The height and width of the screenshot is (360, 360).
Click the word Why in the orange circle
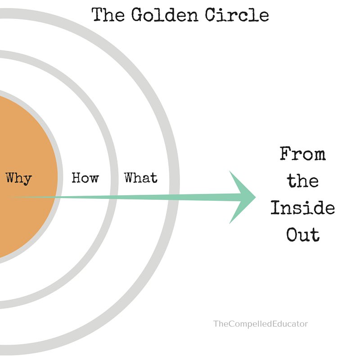point(18,178)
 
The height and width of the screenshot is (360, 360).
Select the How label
point(85,178)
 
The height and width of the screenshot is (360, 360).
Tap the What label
point(141,178)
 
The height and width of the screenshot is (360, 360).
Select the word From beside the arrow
point(302,154)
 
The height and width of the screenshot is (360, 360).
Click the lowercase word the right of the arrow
point(302,181)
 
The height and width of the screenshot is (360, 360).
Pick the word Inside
point(302,208)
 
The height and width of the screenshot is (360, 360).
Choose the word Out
point(302,235)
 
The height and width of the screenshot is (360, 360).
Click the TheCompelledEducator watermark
point(261,323)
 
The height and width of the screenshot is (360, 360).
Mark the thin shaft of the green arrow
point(135,197)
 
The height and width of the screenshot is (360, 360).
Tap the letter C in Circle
point(211,16)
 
